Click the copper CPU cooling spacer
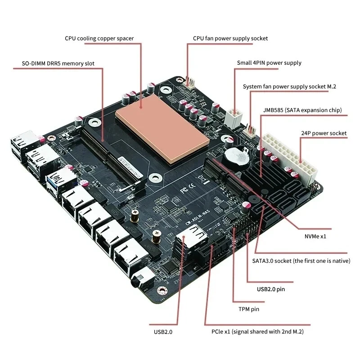point(162,130)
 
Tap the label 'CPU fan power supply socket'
point(230,38)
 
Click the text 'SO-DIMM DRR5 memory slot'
point(58,63)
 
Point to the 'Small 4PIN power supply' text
point(269,63)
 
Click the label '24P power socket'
point(323,133)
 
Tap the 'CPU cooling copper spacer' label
point(99,38)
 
